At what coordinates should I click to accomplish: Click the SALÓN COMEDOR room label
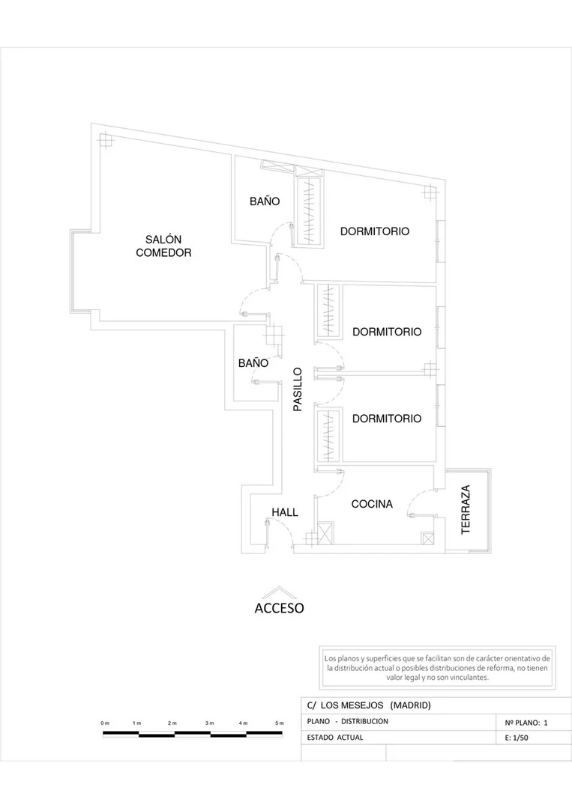click(x=163, y=246)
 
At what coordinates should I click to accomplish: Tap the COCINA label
click(x=372, y=504)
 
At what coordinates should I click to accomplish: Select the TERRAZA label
click(x=466, y=509)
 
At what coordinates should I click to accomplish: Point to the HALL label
click(x=285, y=512)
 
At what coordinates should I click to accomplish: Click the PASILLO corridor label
click(x=298, y=389)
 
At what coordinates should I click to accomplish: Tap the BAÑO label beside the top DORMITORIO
click(x=265, y=201)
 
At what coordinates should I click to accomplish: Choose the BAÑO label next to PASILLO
click(x=253, y=362)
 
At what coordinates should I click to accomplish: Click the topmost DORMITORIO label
click(x=374, y=231)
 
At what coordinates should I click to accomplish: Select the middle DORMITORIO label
click(x=387, y=332)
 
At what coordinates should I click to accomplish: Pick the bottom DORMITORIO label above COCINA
click(x=387, y=419)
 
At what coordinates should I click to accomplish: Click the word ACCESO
click(x=279, y=608)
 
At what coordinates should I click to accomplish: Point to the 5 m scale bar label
click(x=279, y=723)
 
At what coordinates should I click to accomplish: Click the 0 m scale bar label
click(x=105, y=723)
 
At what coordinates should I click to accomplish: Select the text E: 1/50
click(x=517, y=738)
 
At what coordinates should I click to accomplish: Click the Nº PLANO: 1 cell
click(x=526, y=723)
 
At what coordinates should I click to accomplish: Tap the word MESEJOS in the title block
click(x=362, y=705)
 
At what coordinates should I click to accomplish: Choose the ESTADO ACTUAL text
click(x=335, y=738)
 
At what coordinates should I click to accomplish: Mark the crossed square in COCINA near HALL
click(x=325, y=533)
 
